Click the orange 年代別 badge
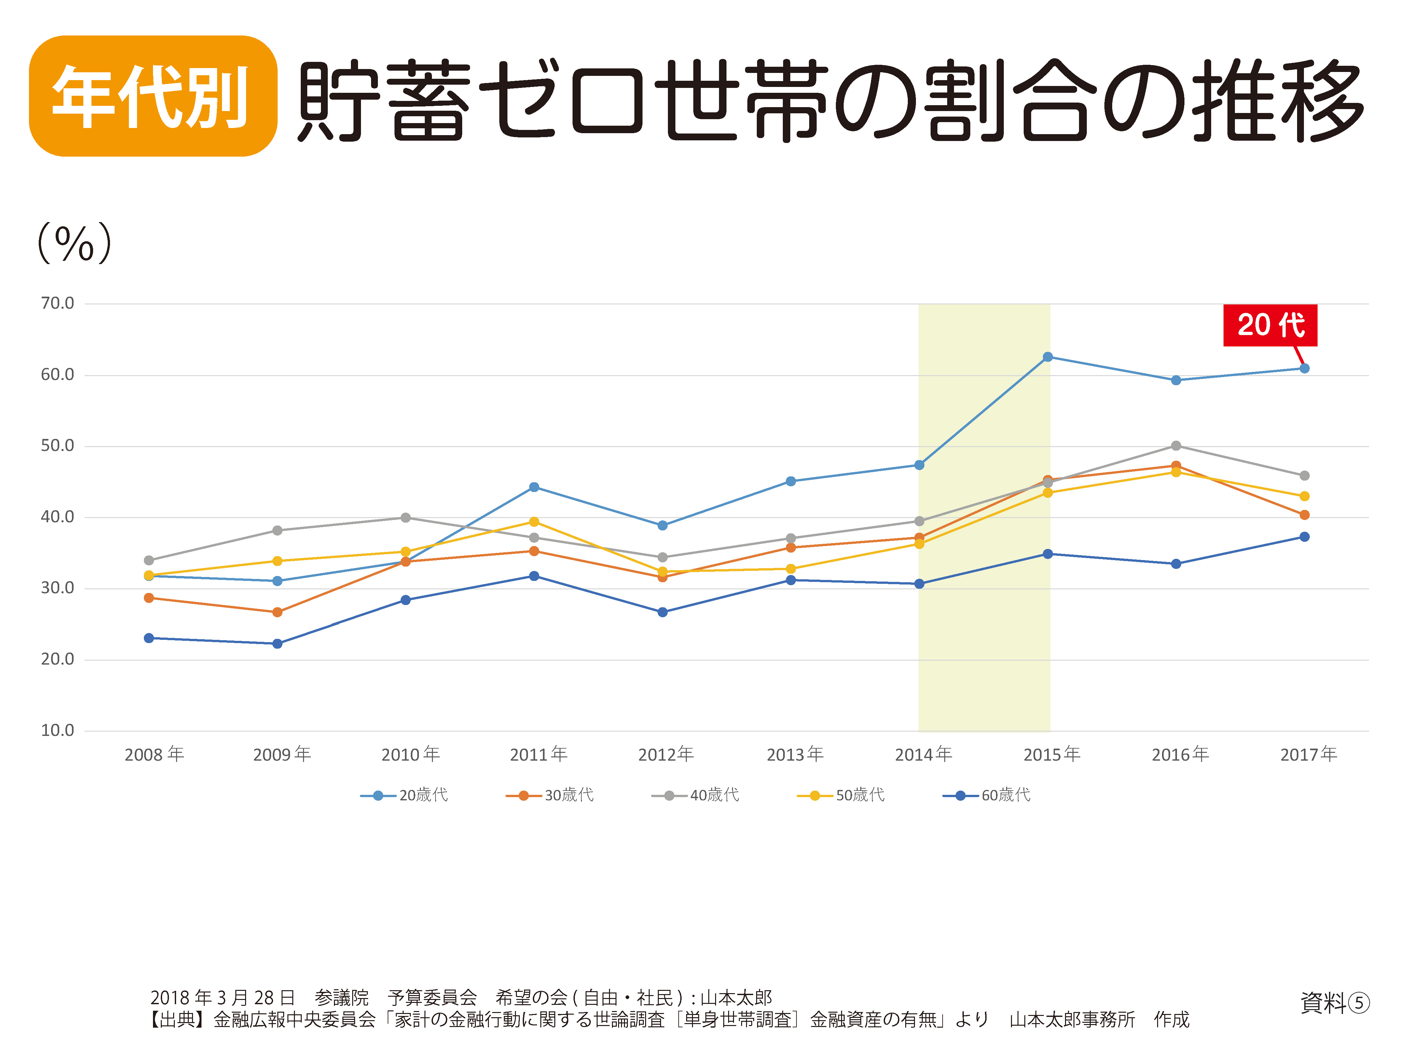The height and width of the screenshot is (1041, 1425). pyautogui.click(x=153, y=96)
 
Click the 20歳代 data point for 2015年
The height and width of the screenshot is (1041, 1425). pyautogui.click(x=1048, y=357)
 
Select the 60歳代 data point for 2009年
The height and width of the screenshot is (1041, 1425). pyautogui.click(x=277, y=643)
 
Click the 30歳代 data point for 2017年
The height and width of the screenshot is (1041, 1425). pyautogui.click(x=1304, y=515)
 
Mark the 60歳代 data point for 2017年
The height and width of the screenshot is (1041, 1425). pyautogui.click(x=1304, y=537)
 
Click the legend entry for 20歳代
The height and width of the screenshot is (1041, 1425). pyautogui.click(x=405, y=795)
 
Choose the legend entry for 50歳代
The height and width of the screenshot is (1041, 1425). pyautogui.click(x=841, y=795)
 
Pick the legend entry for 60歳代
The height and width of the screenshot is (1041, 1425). pyautogui.click(x=987, y=795)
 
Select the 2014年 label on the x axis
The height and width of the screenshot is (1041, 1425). pyautogui.click(x=923, y=754)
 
